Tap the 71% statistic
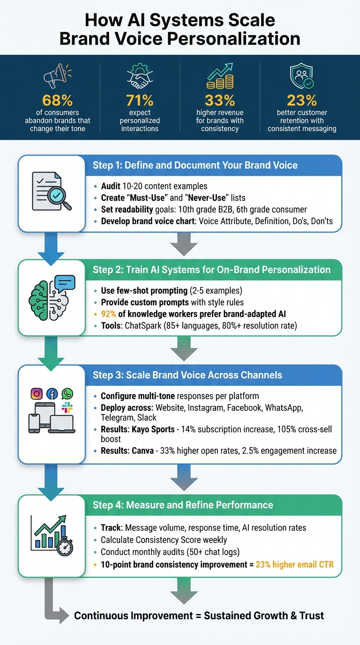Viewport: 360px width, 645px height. tap(140, 100)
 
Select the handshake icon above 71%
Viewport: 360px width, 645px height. tap(140, 75)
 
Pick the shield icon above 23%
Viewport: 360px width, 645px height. tap(301, 75)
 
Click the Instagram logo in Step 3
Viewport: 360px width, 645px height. tap(36, 394)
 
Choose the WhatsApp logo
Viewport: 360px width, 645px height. tap(67, 394)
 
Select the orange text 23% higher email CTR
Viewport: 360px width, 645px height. tap(295, 564)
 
